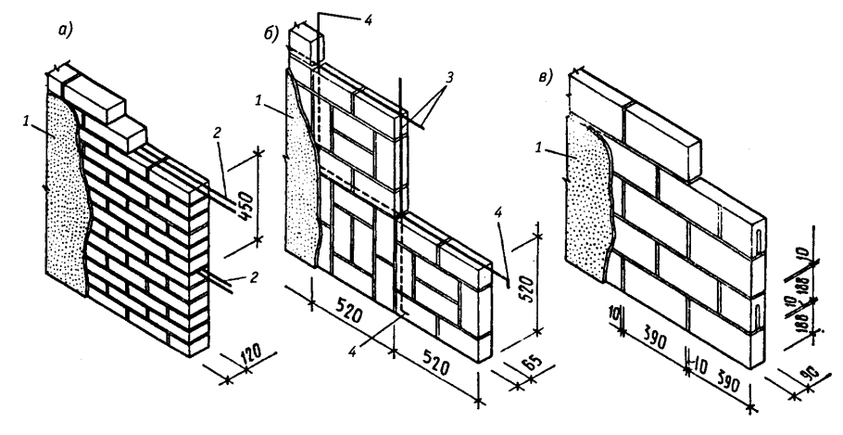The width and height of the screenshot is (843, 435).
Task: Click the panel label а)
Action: pos(66,31)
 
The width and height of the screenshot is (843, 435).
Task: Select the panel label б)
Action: pos(271,35)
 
